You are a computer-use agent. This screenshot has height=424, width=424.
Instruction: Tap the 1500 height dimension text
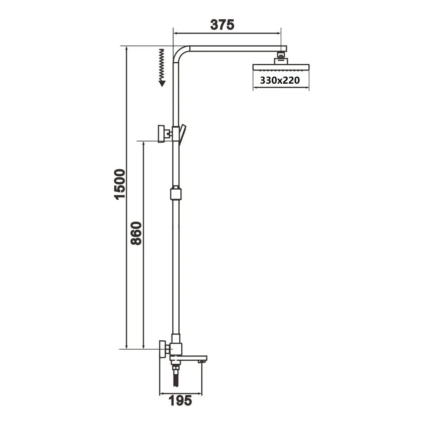(120, 184)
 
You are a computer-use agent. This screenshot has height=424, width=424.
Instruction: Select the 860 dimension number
(137, 234)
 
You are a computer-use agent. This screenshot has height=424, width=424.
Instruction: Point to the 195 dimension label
(180, 401)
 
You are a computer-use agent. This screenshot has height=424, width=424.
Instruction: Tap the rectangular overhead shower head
(281, 67)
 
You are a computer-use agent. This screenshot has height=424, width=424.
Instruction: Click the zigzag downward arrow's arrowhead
(162, 82)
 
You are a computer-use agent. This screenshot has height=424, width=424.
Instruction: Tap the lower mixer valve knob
(162, 350)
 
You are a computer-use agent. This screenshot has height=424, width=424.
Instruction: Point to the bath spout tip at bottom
(200, 361)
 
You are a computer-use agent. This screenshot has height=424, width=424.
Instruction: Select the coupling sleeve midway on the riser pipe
(175, 193)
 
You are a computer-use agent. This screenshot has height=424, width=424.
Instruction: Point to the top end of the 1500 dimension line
(126, 47)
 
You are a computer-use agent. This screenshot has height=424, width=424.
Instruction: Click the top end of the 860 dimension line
(143, 142)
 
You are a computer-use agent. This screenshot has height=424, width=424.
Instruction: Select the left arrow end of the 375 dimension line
(174, 34)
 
